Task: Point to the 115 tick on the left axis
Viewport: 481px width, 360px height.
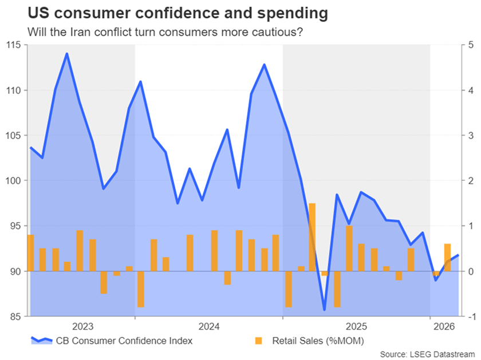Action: coord(12,45)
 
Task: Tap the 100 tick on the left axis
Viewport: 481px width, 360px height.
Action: coord(12,181)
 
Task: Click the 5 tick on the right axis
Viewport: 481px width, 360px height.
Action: coord(470,45)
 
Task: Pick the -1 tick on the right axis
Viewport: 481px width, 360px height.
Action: coord(470,317)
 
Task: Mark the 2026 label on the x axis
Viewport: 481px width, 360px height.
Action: coord(444,327)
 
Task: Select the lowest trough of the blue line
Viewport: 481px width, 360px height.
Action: coord(324,310)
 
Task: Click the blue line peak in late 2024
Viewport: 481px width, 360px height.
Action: coord(264,64)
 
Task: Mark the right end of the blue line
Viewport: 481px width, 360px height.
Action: coord(458,255)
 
